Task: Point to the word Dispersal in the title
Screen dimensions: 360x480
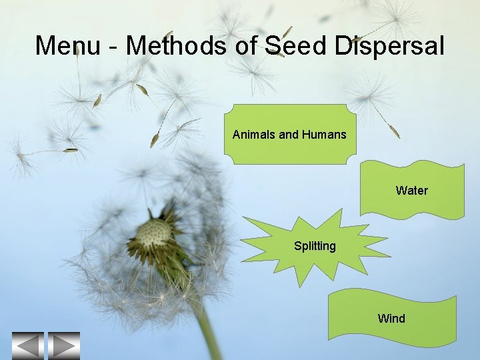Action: point(388,45)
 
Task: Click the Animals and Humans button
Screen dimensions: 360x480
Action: point(289,135)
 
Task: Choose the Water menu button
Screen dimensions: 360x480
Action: point(411,190)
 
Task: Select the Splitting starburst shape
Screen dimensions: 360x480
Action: point(315,246)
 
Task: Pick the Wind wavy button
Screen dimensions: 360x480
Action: point(391,318)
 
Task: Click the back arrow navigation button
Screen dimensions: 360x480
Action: point(27,345)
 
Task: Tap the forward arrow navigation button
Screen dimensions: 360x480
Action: point(63,345)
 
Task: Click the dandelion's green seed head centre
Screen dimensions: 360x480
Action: point(153,235)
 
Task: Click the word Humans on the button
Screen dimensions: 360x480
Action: point(324,135)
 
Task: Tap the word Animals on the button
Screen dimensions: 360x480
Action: point(254,135)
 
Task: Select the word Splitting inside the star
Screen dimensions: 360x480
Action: point(315,246)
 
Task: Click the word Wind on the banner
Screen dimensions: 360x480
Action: point(391,318)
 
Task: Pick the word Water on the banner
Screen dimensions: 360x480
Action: point(411,190)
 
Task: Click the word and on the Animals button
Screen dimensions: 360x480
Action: point(289,135)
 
